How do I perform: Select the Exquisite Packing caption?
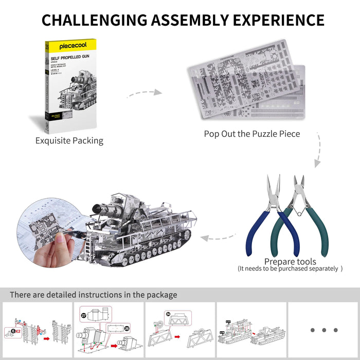coord(69,140)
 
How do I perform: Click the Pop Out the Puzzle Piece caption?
coord(252,134)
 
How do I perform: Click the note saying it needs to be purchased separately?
coord(290,269)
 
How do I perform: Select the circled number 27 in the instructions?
coord(84,314)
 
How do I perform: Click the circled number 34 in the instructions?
coord(168,314)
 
